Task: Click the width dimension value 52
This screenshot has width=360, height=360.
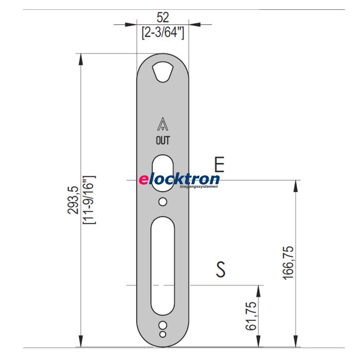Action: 163,17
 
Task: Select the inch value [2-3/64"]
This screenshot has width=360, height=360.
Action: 163,32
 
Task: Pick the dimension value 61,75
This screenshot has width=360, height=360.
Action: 251,316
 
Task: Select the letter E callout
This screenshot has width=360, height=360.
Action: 219,165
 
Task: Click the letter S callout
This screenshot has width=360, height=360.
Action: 220,269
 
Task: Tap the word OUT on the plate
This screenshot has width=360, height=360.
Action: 163,140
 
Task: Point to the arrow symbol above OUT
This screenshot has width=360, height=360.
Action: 163,124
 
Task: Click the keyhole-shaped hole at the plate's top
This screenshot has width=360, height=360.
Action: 163,71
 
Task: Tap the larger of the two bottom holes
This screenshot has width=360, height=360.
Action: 163,326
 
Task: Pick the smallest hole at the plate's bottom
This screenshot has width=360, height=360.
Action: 163,334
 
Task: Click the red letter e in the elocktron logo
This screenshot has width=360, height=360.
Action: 143,179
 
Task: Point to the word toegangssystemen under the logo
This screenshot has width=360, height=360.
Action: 200,187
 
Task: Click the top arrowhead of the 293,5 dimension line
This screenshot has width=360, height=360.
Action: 80,58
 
